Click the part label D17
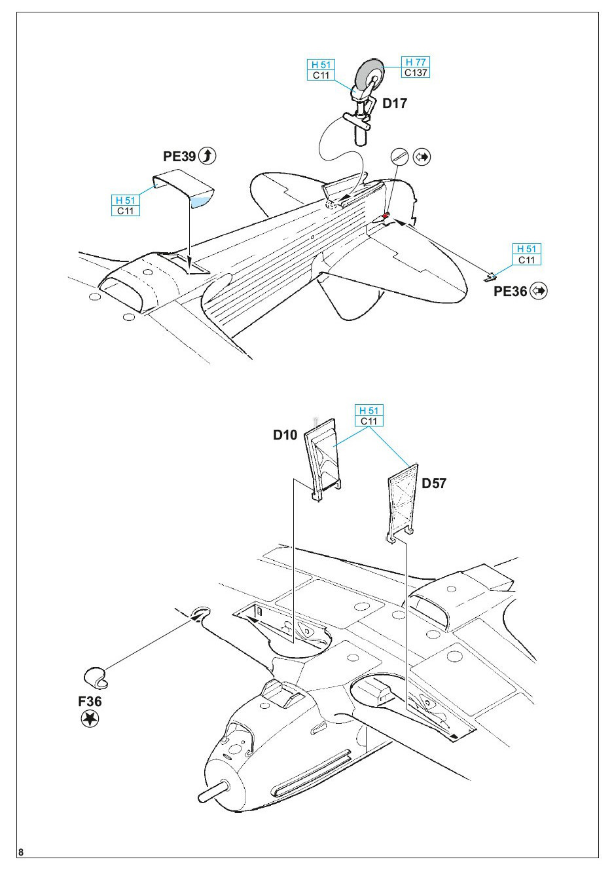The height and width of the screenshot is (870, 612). click(x=395, y=104)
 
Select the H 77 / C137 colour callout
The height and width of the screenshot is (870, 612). click(x=415, y=67)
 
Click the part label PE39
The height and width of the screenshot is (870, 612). click(x=179, y=156)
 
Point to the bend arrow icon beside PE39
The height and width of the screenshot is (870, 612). click(x=207, y=156)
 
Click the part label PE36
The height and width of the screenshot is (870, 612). click(x=511, y=291)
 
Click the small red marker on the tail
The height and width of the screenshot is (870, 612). click(x=386, y=216)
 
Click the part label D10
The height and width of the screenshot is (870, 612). click(x=285, y=435)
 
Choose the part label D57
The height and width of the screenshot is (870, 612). click(x=434, y=483)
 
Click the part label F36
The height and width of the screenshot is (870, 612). click(x=90, y=702)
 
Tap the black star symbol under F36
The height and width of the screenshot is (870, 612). click(x=90, y=719)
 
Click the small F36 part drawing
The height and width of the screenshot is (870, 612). click(x=96, y=678)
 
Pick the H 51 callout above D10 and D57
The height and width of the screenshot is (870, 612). click(x=369, y=415)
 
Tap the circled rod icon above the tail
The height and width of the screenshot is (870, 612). click(x=400, y=157)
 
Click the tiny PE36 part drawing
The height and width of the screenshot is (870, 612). click(x=490, y=277)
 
